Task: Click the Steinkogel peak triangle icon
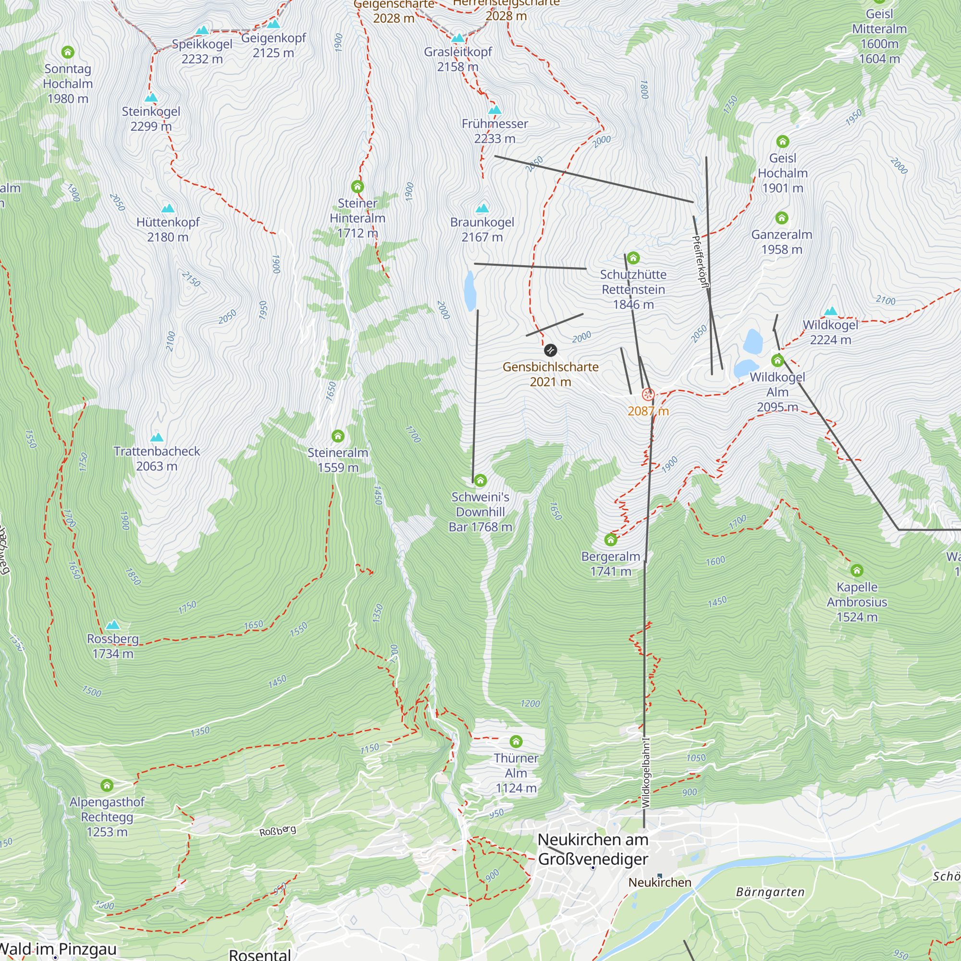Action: coord(151,98)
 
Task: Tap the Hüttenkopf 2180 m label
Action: coord(168,229)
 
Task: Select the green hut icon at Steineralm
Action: coord(338,436)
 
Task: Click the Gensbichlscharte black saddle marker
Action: coord(550,350)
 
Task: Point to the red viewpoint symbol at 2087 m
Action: coord(648,394)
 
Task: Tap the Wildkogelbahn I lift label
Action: coord(646,773)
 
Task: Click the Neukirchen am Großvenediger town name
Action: coord(593,849)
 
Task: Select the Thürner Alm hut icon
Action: coord(516,741)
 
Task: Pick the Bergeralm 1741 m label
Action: coord(610,564)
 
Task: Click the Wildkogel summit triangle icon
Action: coord(831,312)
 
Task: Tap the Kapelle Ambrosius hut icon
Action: coord(857,570)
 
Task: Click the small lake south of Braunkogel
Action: coord(469,291)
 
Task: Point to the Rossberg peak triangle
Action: coord(113,625)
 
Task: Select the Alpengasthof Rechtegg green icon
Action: coord(107,786)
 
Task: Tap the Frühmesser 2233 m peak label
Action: coord(494,131)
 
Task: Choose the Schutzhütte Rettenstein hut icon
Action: coord(633,258)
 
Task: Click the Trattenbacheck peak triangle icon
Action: coord(157,437)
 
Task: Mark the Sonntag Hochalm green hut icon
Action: coord(68,52)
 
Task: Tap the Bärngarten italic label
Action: coord(770,892)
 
